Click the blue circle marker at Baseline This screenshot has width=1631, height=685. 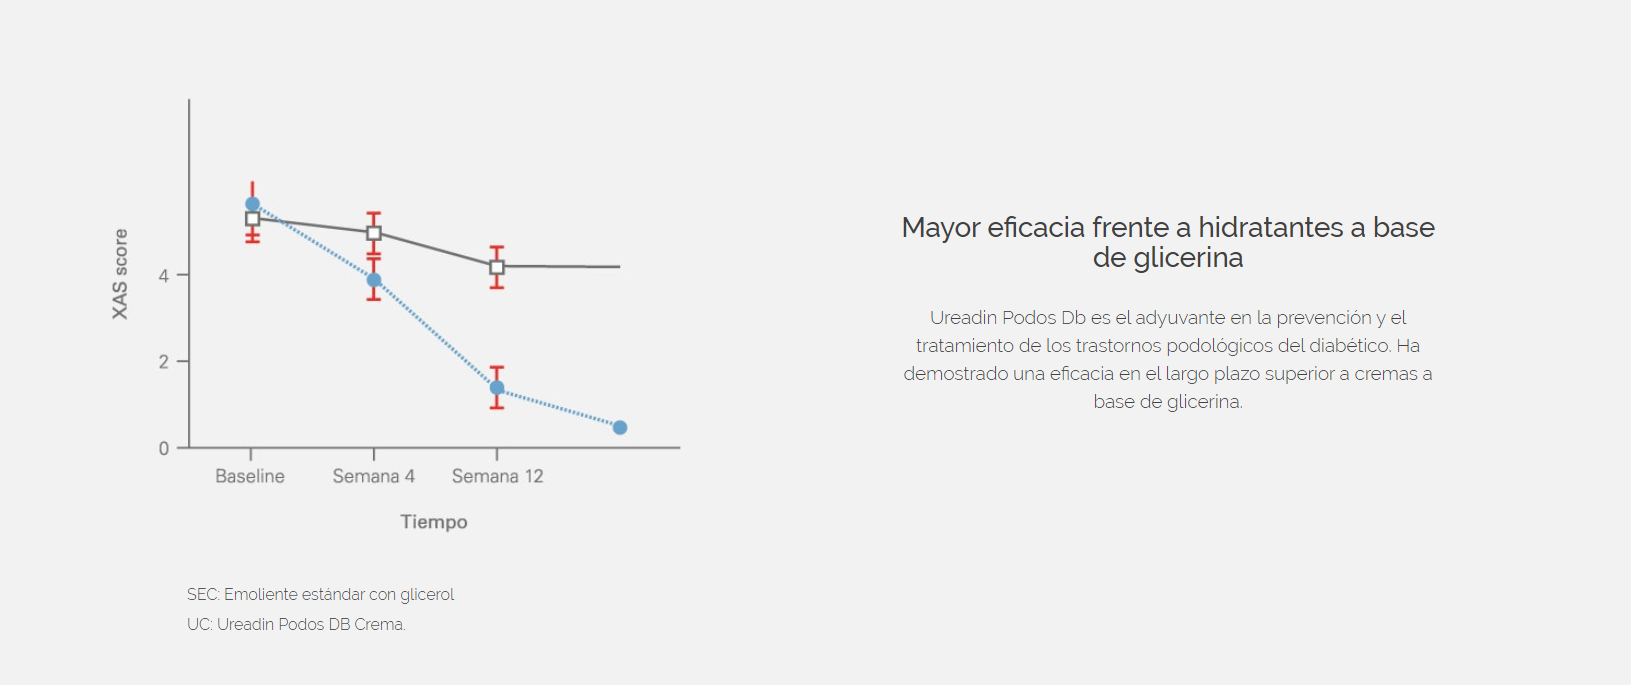tap(253, 205)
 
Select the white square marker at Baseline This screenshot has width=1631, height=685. tap(253, 218)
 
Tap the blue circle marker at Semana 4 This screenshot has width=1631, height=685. tap(374, 280)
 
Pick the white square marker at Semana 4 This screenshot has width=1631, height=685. tap(374, 233)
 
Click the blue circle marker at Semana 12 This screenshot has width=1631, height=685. tap(497, 388)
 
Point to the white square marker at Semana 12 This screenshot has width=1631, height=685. tap(497, 267)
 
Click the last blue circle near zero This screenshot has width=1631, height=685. tap(620, 427)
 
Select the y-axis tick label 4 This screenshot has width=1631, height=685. tap(164, 276)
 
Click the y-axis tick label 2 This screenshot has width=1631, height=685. tap(164, 362)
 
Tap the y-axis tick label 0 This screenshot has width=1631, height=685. tap(164, 448)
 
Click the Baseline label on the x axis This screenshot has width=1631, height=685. tap(250, 476)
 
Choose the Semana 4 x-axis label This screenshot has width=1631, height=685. tap(374, 476)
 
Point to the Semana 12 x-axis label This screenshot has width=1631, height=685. tap(497, 476)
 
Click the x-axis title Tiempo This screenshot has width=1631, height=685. tap(434, 522)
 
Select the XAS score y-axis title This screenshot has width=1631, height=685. tap(120, 274)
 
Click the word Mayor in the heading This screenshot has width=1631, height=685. tap(941, 229)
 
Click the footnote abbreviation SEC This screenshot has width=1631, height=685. tap(202, 595)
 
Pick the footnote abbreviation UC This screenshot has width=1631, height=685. tap(199, 625)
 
